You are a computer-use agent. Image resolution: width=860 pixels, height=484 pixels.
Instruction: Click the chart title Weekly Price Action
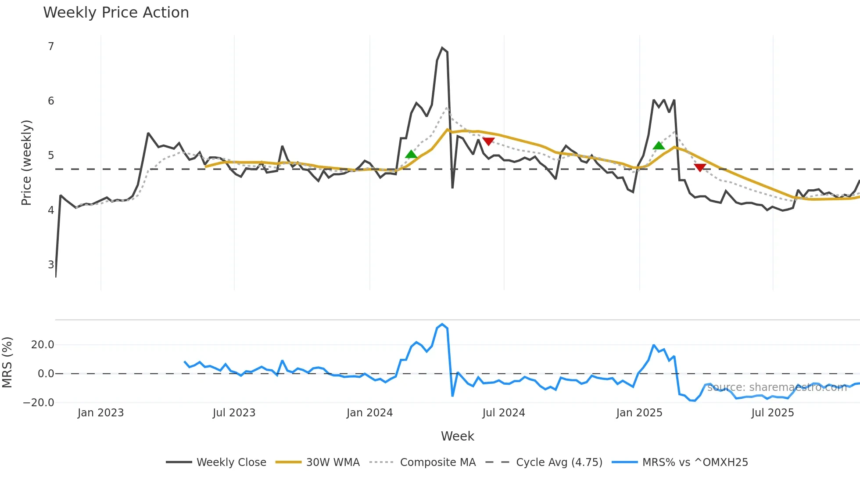coord(116,12)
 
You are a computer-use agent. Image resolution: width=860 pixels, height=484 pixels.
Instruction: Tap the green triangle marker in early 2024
coord(411,154)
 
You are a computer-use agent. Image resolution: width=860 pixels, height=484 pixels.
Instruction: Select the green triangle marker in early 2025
coord(659,146)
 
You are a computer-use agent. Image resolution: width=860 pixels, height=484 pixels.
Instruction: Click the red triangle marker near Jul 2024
coord(488,141)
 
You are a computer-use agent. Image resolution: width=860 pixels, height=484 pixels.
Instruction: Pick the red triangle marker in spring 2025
coord(700,167)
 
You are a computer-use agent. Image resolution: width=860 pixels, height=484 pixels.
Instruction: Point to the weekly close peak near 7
coord(442,48)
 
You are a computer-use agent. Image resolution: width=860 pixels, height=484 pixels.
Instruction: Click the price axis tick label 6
coord(51,101)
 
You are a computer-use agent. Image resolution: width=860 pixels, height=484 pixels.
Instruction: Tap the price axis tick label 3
coord(51,265)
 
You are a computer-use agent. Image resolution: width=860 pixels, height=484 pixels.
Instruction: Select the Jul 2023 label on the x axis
coord(234,413)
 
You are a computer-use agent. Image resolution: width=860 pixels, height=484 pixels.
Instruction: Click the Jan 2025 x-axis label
coord(639,413)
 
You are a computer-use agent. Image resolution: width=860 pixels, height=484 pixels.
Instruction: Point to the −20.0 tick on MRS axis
coord(39,403)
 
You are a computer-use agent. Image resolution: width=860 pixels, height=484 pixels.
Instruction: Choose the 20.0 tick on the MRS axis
coord(43,345)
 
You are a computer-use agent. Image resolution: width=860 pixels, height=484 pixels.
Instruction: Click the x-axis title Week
coord(457,436)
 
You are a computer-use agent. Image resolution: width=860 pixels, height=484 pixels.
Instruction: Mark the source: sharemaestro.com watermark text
coord(777,387)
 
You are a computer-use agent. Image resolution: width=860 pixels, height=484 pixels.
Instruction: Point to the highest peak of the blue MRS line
coord(442,324)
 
